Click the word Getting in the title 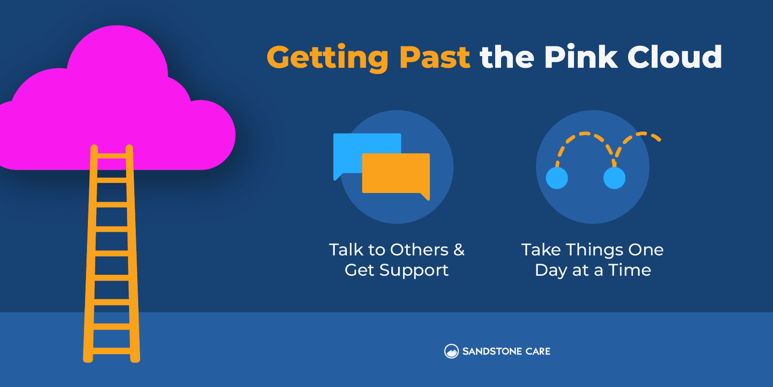click(x=328, y=59)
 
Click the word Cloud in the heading click(x=674, y=56)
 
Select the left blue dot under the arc click(x=557, y=178)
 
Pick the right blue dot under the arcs click(x=614, y=178)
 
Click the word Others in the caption click(x=419, y=250)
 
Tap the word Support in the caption click(x=414, y=270)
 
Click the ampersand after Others click(x=459, y=250)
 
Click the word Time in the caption click(x=630, y=270)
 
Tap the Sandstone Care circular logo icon click(x=451, y=351)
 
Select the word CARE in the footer click(x=538, y=351)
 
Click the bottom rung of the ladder click(x=112, y=351)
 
